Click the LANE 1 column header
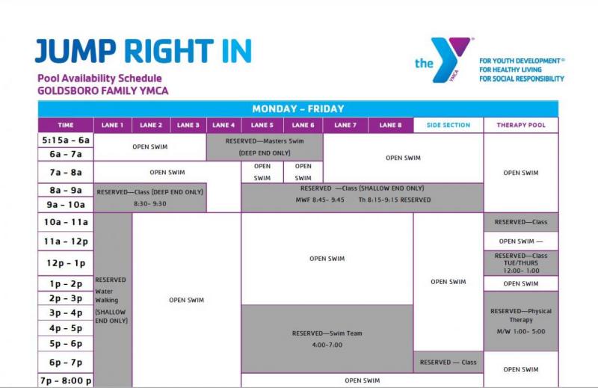pyautogui.click(x=113, y=125)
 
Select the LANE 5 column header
pyautogui.click(x=262, y=125)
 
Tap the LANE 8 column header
pyautogui.click(x=390, y=125)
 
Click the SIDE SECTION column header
pyautogui.click(x=449, y=125)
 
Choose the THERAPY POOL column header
pyautogui.click(x=521, y=125)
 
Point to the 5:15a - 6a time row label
pyautogui.click(x=66, y=140)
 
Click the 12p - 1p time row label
pyautogui.click(x=66, y=263)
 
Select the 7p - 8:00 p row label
pyautogui.click(x=66, y=381)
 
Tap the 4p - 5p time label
pyautogui.click(x=66, y=328)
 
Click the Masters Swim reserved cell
pyautogui.click(x=265, y=147)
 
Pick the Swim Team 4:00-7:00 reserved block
pyautogui.click(x=327, y=339)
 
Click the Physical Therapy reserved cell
pyautogui.click(x=521, y=321)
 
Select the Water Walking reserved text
pyautogui.click(x=111, y=301)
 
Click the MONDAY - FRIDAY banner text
pyautogui.click(x=298, y=109)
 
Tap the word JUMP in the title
pyautogui.click(x=75, y=51)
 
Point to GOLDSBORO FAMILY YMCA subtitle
pyautogui.click(x=103, y=90)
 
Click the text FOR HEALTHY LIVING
pyautogui.click(x=511, y=70)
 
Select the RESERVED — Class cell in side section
pyautogui.click(x=448, y=363)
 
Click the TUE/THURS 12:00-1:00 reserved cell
pyautogui.click(x=521, y=263)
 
